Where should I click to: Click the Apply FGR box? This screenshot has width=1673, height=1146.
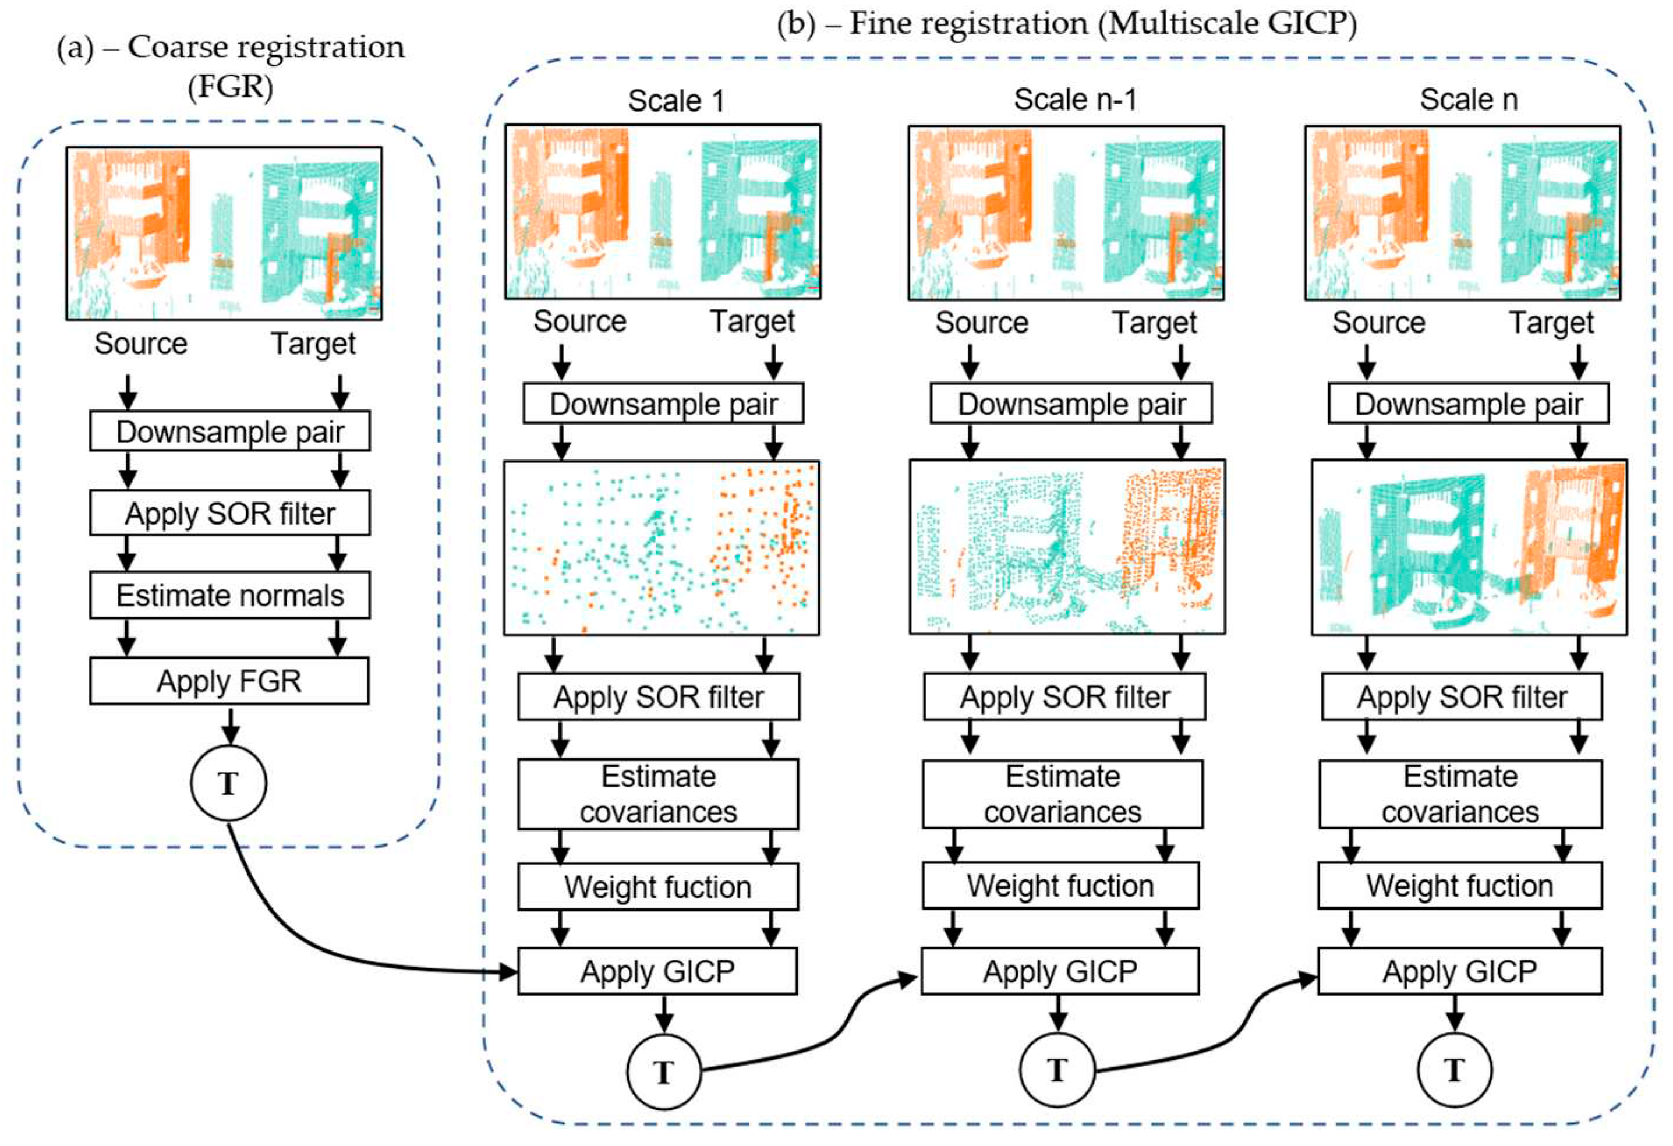229,680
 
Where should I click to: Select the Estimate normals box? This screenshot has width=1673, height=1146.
229,595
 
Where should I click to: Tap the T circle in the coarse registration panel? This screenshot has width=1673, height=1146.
228,783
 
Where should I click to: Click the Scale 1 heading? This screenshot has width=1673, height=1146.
675,101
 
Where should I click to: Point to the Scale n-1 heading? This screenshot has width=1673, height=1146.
1076,100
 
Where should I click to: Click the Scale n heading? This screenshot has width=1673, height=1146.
1469,100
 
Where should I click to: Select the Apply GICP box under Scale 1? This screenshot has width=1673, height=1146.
657,971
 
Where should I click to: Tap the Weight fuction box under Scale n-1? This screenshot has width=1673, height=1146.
1060,886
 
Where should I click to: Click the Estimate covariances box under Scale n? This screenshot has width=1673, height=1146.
1460,794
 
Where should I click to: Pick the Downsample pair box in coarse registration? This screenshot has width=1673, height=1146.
229,431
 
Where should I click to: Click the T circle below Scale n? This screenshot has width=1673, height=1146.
1454,1070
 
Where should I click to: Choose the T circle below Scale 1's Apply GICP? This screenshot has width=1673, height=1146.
663,1072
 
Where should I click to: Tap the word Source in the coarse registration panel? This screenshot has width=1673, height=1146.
140,344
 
